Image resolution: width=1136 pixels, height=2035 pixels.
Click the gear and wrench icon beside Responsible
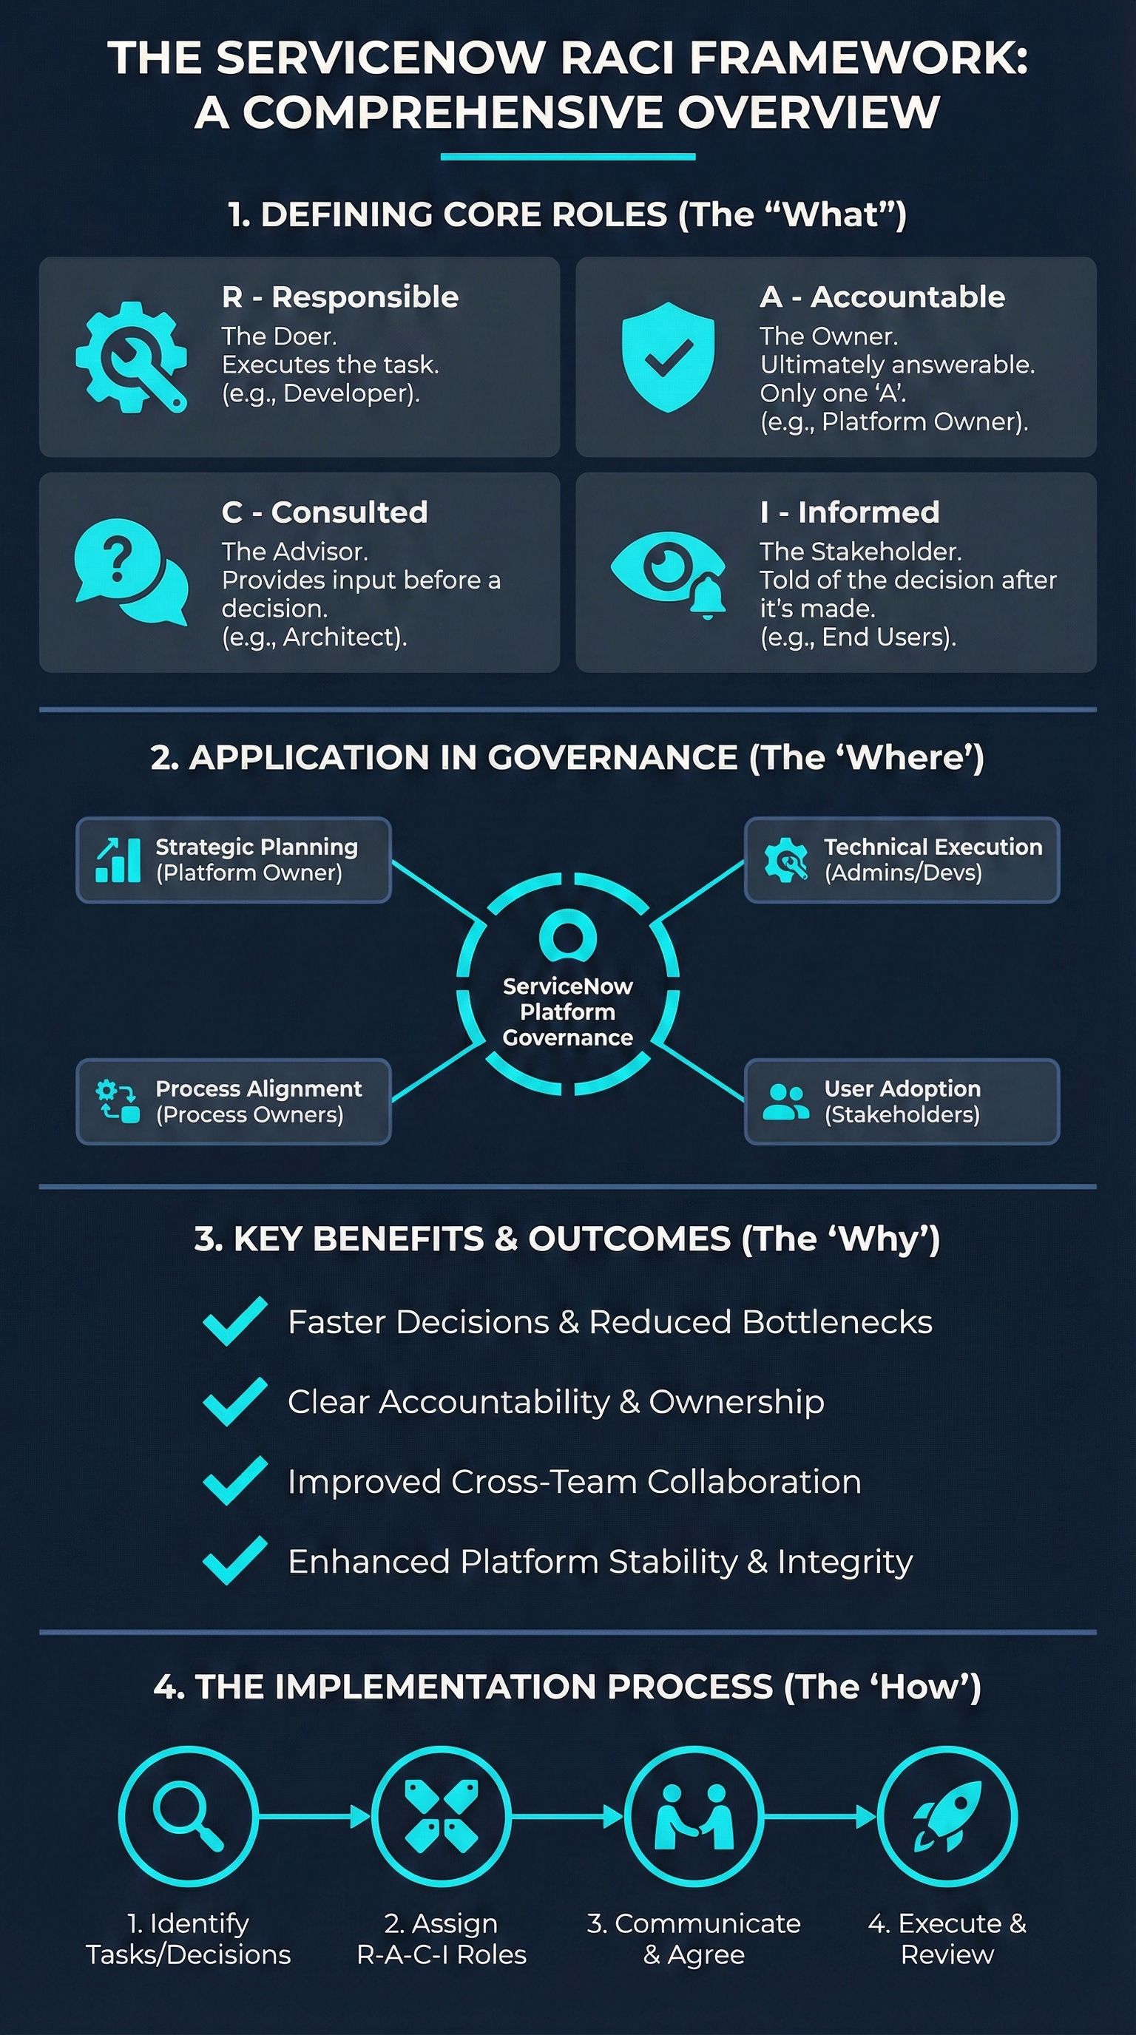[x=131, y=356]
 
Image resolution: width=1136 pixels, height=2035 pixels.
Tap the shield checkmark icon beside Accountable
[x=668, y=356]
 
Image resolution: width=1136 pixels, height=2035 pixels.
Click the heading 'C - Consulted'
[x=325, y=512]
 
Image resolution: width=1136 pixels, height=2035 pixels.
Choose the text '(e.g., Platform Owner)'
[x=893, y=421]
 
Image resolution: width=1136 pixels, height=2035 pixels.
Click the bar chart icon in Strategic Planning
[x=118, y=859]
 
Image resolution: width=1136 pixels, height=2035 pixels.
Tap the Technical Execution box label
[x=933, y=847]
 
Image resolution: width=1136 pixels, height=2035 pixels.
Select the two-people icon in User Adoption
[x=785, y=1102]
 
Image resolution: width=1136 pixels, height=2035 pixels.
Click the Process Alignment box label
[x=258, y=1088]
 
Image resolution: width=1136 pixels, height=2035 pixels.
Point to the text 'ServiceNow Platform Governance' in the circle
[x=567, y=1012]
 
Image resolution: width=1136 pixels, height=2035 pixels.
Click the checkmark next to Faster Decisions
[x=234, y=1321]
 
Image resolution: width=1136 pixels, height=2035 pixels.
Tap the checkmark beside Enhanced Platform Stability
[x=234, y=1561]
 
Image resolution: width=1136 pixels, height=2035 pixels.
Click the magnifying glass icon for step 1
[x=188, y=1816]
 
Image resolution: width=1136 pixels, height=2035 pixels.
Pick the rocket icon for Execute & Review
[x=947, y=1816]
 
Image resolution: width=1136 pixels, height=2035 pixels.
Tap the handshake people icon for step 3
[x=694, y=1816]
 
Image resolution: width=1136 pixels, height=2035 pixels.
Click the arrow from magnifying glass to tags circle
[x=314, y=1816]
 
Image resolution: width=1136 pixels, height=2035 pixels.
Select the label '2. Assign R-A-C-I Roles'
[x=442, y=1938]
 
